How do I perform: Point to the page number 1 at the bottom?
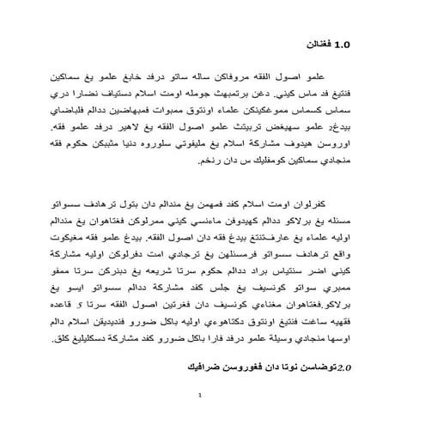click(198, 395)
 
